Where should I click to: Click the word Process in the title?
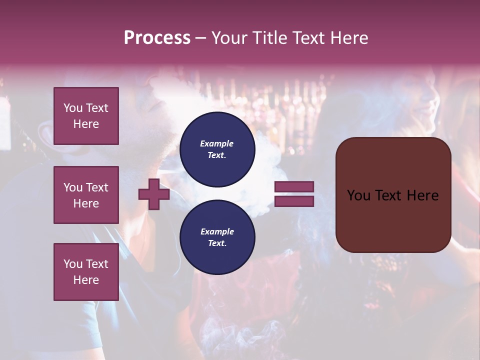point(157,38)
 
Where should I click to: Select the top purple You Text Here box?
point(86,116)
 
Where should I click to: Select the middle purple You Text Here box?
point(86,195)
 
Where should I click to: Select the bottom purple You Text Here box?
point(86,272)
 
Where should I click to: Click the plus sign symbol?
point(154,194)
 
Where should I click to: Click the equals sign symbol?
point(294,194)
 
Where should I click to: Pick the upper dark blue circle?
point(217,149)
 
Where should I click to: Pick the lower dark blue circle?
point(217,237)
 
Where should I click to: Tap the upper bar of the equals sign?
point(294,187)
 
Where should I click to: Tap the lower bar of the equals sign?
point(294,201)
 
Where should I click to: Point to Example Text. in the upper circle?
point(217,149)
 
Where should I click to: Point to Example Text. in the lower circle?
point(217,237)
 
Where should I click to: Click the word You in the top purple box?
point(73,108)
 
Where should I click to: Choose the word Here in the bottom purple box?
point(86,280)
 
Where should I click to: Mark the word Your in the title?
point(230,38)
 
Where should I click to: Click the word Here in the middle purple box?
point(86,203)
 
